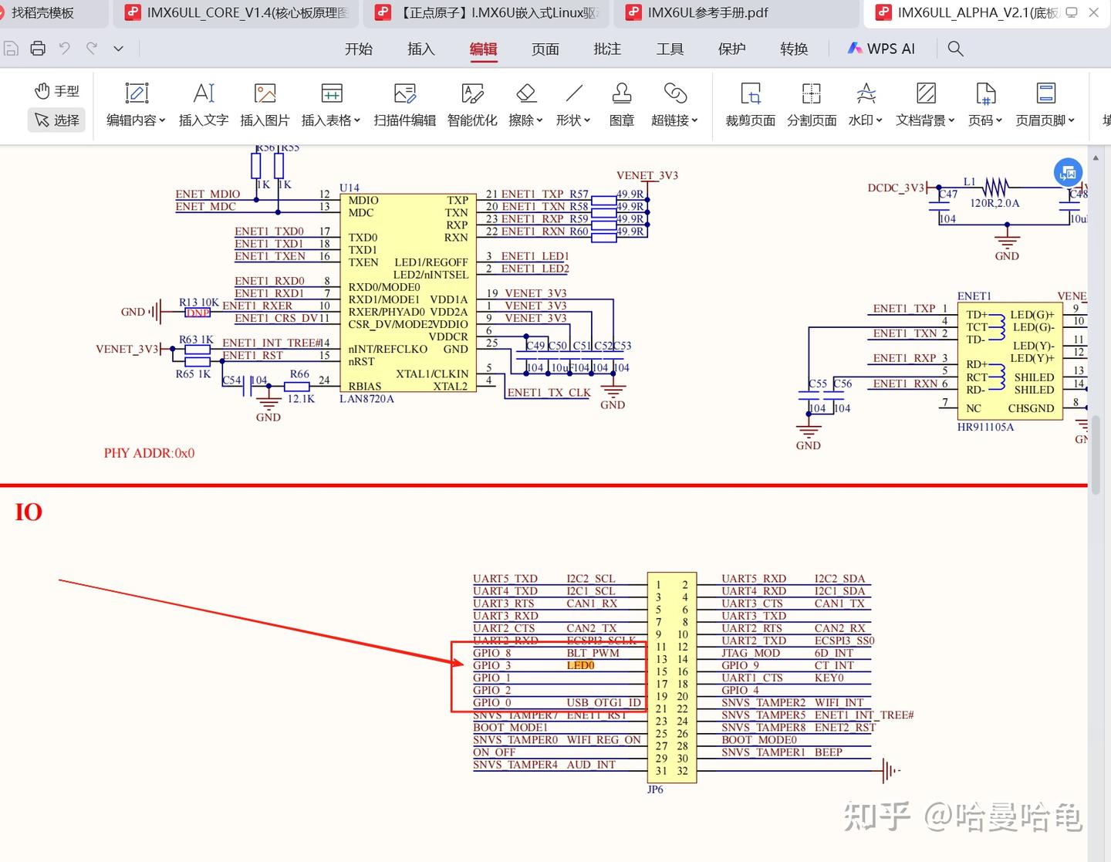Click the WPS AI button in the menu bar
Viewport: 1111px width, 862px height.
[x=881, y=49]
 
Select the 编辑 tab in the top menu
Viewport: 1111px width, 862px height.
[x=483, y=49]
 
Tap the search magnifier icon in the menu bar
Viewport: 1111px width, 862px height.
[x=955, y=49]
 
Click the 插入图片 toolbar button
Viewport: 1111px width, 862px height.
[x=265, y=105]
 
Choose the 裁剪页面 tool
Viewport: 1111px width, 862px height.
[x=750, y=105]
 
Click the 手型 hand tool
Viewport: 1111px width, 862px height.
[x=57, y=91]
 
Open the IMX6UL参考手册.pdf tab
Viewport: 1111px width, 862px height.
[x=707, y=12]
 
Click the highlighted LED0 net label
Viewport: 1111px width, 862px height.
[x=580, y=665]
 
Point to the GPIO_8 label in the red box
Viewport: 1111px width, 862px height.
[x=492, y=653]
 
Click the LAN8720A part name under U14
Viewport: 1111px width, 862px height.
[x=366, y=399]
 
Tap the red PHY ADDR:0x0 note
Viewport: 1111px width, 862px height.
[x=149, y=453]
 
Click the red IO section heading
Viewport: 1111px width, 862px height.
[x=29, y=512]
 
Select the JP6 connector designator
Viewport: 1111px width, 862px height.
[x=655, y=789]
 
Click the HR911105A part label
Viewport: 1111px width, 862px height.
[x=985, y=427]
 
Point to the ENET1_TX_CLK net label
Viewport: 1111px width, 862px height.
[x=549, y=393]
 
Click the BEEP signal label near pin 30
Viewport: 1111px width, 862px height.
[x=828, y=752]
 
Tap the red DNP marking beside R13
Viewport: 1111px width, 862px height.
[x=198, y=313]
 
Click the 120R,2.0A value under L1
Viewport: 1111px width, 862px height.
[x=994, y=203]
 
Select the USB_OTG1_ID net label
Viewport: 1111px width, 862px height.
[x=603, y=702]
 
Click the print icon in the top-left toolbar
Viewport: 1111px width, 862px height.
[x=38, y=49]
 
